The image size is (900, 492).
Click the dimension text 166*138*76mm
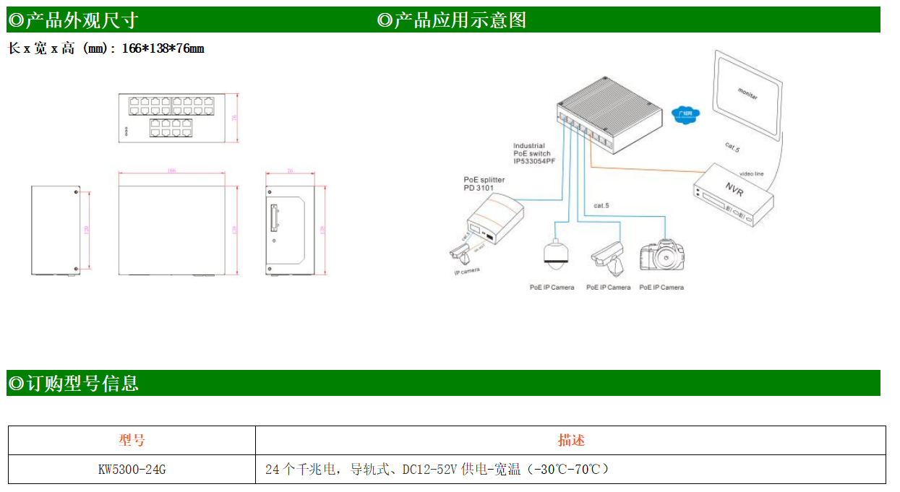pos(163,49)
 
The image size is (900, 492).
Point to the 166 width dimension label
pos(171,171)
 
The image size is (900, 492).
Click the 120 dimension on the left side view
pos(87,230)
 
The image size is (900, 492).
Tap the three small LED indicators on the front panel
pos(126,131)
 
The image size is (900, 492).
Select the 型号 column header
pos(132,440)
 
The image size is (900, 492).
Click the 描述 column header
pos(570,440)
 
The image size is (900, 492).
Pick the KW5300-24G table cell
pos(132,470)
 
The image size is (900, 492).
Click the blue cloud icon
pos(685,114)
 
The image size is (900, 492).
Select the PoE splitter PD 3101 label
pos(484,184)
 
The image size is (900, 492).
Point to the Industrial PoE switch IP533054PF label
pos(534,153)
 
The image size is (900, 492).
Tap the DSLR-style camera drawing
pos(661,256)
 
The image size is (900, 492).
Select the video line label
pos(751,174)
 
